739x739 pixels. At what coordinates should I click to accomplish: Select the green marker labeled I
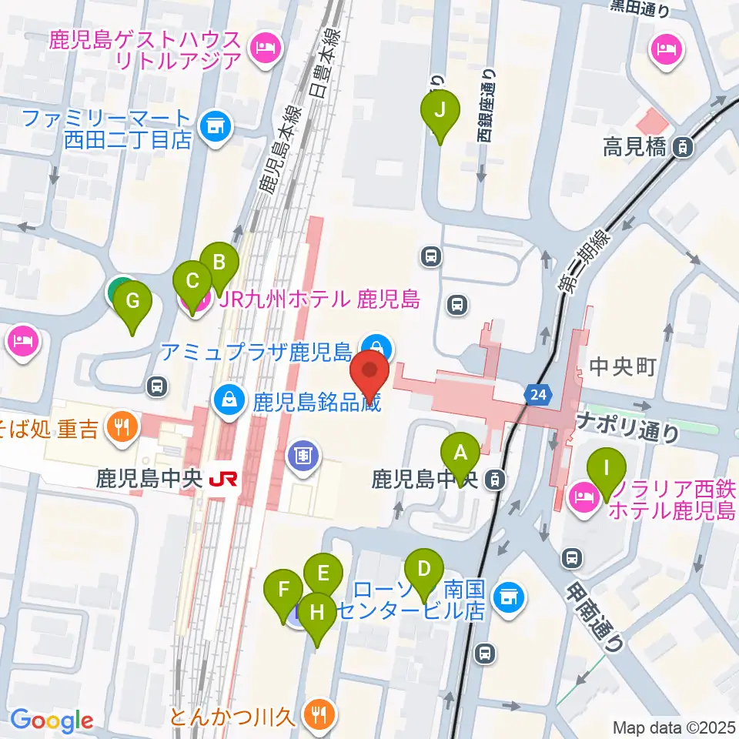pyautogui.click(x=607, y=467)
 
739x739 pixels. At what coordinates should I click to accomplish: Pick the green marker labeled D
pyautogui.click(x=423, y=570)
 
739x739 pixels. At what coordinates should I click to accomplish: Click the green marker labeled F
pyautogui.click(x=283, y=591)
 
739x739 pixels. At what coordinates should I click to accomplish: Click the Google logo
pyautogui.click(x=52, y=721)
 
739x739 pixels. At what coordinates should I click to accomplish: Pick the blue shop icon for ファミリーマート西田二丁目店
pyautogui.click(x=216, y=125)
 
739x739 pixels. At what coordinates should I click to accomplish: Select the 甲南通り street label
pyautogui.click(x=594, y=615)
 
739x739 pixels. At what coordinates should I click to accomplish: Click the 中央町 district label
pyautogui.click(x=621, y=367)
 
